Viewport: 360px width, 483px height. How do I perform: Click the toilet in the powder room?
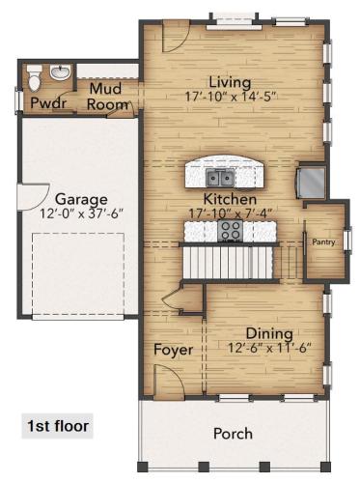34,77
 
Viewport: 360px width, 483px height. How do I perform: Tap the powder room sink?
60,72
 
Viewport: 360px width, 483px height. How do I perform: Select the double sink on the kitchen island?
220,178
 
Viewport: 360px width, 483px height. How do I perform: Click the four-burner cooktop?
230,230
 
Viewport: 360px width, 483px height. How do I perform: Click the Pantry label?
323,242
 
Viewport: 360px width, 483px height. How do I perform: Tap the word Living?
230,82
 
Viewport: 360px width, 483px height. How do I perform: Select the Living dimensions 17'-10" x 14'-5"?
231,97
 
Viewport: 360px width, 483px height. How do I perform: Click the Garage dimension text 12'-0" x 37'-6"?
82,213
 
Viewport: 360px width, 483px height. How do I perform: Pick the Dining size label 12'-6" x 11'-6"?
269,348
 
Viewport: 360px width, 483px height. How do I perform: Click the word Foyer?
173,350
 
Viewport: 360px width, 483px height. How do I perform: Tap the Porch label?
233,434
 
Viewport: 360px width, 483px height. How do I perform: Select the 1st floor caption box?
57,426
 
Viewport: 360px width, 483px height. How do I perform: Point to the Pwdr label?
48,102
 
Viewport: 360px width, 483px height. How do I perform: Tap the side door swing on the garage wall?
33,197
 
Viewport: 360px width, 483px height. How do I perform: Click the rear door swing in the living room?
176,36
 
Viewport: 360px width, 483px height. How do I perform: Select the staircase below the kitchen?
228,263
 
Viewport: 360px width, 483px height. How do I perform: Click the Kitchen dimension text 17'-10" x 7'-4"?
231,213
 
